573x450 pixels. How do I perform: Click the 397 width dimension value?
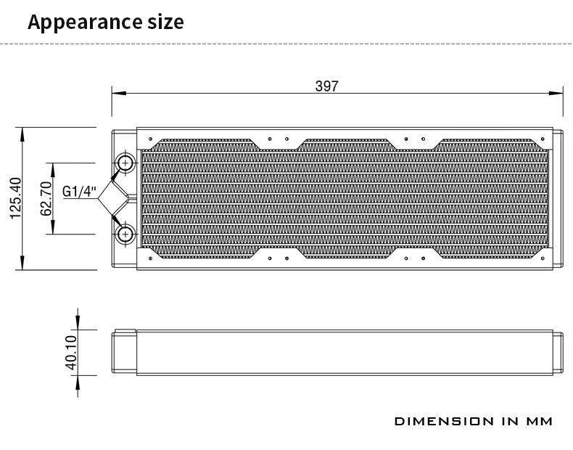tap(326, 86)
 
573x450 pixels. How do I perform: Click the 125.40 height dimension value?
tap(17, 198)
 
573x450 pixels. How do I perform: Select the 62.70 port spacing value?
tap(46, 198)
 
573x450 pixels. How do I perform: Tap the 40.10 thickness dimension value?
tap(71, 353)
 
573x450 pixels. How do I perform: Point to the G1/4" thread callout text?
tap(79, 191)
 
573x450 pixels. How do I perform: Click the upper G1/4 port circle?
tap(125, 163)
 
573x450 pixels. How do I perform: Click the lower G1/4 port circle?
tap(125, 234)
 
